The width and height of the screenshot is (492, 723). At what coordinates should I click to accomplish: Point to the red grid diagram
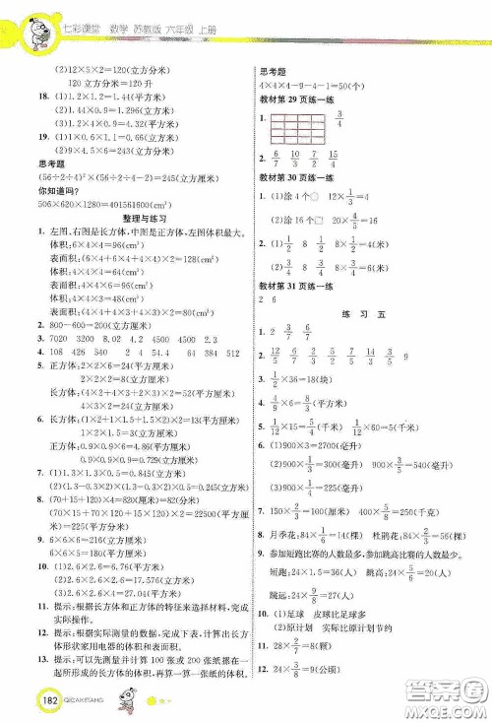coord(291,129)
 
